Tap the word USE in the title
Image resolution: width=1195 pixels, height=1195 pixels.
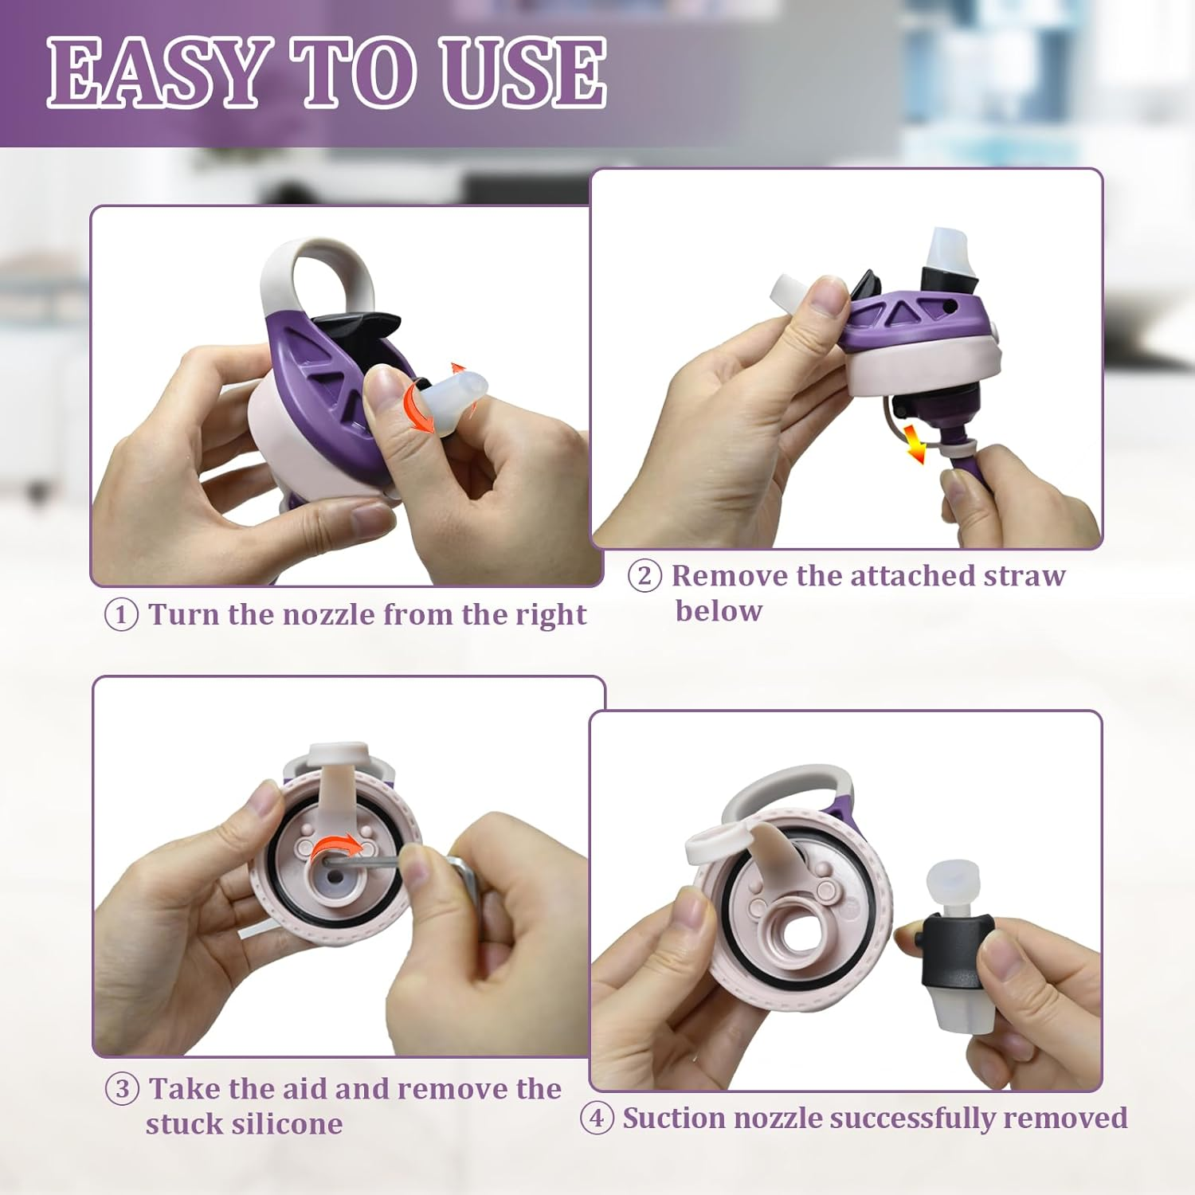click(524, 72)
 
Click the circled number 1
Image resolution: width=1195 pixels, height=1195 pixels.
click(121, 615)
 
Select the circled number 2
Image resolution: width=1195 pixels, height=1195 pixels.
click(645, 575)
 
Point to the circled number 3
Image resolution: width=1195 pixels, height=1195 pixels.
click(122, 1088)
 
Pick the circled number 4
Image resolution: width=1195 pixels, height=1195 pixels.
click(596, 1118)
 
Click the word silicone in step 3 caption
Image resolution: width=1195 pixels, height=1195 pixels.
click(244, 1123)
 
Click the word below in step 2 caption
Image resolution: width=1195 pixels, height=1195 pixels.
click(719, 610)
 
